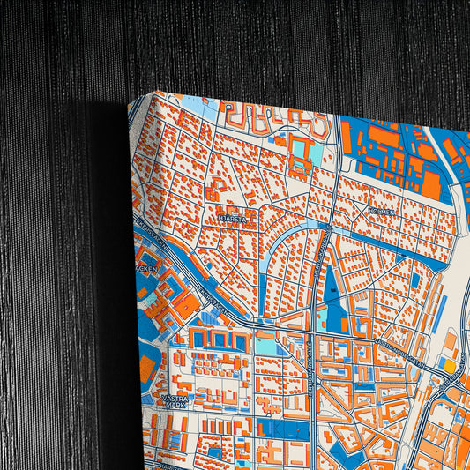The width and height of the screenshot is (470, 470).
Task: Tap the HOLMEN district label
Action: click(382, 212)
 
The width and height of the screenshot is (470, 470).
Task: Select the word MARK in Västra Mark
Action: click(175, 407)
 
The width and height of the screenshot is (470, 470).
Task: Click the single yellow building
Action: click(450, 364)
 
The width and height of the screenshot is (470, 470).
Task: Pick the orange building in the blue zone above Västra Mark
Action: click(146, 369)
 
